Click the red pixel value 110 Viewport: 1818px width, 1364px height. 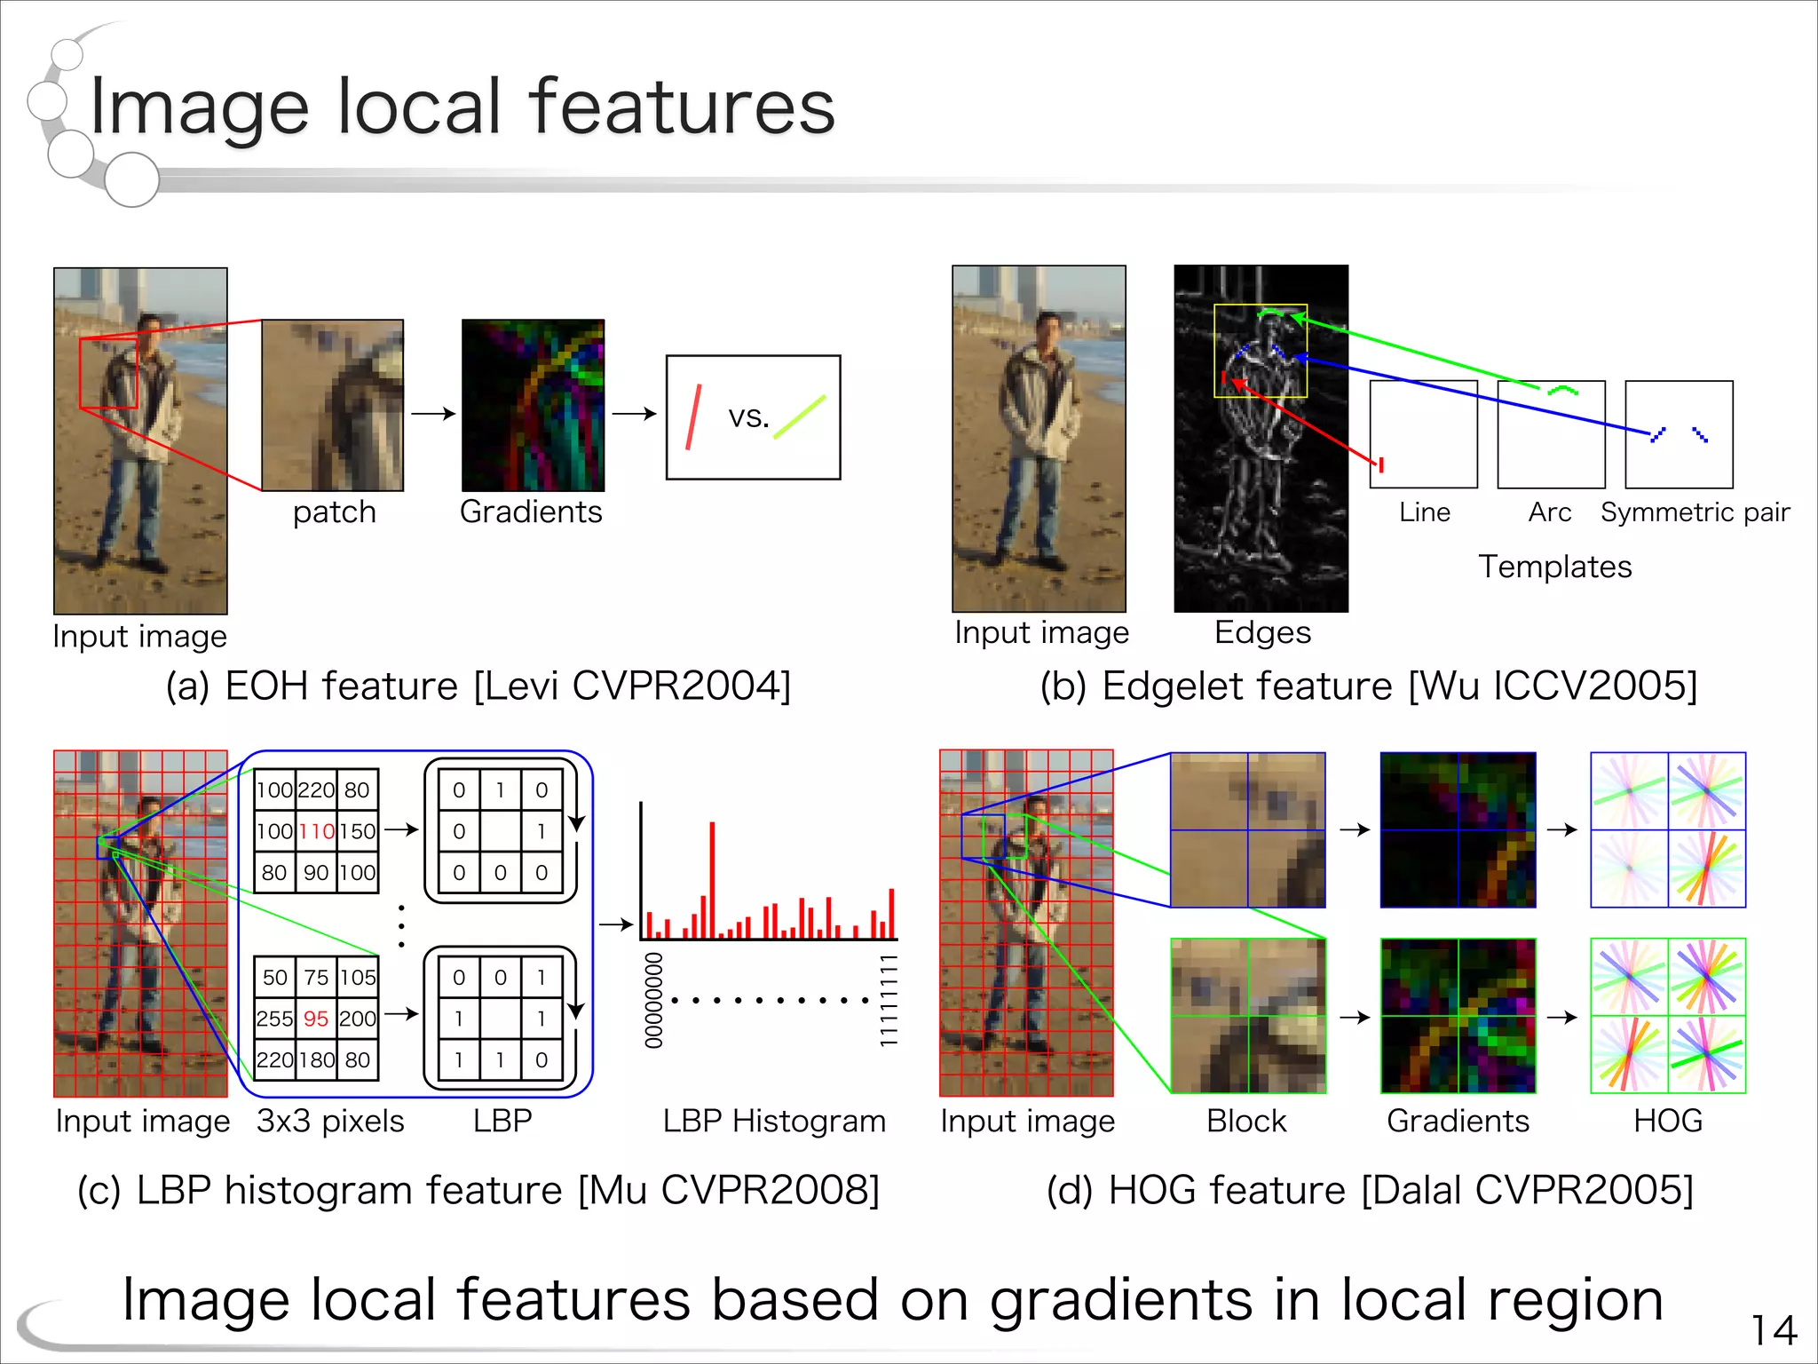(x=316, y=831)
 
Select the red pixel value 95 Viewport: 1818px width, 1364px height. (x=316, y=1019)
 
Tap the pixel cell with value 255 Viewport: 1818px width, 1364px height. (x=274, y=1019)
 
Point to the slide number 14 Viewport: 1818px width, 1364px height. (x=1774, y=1330)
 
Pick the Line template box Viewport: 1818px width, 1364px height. (x=1423, y=434)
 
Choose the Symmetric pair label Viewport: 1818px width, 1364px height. (x=1695, y=512)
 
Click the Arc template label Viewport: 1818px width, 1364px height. (x=1549, y=512)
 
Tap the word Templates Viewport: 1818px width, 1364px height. (x=1554, y=567)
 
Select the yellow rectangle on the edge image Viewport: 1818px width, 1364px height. (x=1261, y=306)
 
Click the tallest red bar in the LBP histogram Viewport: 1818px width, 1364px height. (x=712, y=879)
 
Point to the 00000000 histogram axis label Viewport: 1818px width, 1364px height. (x=654, y=1000)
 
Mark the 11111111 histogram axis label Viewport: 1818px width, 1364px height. (x=888, y=1000)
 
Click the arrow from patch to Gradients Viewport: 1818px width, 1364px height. (x=433, y=413)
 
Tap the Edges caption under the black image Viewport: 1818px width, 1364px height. (x=1261, y=632)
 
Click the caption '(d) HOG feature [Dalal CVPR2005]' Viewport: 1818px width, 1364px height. (x=1369, y=1190)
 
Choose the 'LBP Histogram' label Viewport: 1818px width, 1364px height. (x=774, y=1121)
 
